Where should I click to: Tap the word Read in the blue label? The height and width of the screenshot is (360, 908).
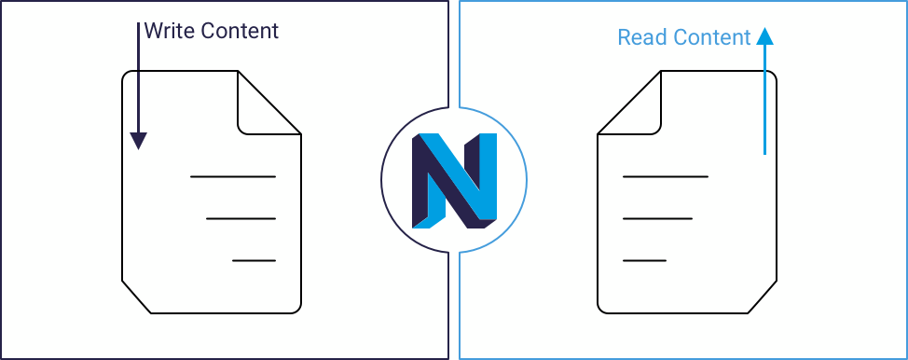642,37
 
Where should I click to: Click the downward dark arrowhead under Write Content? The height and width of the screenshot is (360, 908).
138,141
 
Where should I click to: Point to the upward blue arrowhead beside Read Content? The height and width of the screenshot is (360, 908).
764,36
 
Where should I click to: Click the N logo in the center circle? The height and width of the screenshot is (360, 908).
454,180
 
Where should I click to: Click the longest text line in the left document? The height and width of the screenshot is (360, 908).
232,176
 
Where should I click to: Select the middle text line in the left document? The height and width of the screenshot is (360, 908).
241,219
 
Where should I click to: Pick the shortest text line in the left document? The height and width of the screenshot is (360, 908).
254,261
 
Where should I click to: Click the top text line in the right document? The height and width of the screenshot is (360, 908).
665,176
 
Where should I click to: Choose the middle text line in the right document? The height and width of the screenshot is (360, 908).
657,219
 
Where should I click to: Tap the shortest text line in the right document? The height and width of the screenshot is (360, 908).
644,261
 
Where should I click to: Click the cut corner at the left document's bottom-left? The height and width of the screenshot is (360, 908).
136,296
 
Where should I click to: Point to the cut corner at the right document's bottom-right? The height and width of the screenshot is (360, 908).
763,296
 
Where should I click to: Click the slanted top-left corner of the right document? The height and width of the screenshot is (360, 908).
626,103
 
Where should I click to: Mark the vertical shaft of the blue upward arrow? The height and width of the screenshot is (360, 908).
764,103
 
